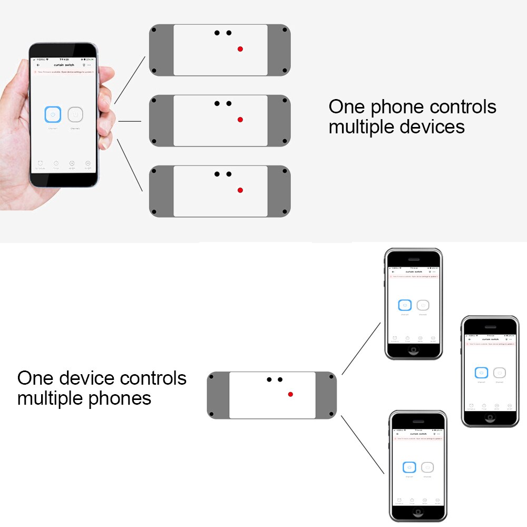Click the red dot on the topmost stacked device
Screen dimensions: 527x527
tap(240, 49)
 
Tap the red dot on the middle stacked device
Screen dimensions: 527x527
tap(240, 120)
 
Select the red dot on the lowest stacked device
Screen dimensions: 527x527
tap(240, 190)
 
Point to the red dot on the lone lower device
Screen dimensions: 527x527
tap(290, 394)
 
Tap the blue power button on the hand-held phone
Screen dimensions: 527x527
tap(53, 114)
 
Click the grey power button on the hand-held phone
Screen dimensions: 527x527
tap(75, 114)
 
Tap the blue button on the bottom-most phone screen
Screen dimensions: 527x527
tap(409, 467)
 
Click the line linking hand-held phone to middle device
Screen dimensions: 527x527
tap(130, 121)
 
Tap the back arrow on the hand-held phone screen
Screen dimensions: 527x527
tap(38, 65)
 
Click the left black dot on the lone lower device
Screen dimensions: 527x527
tap(269, 379)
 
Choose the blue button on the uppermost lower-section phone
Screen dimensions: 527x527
tap(405, 305)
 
